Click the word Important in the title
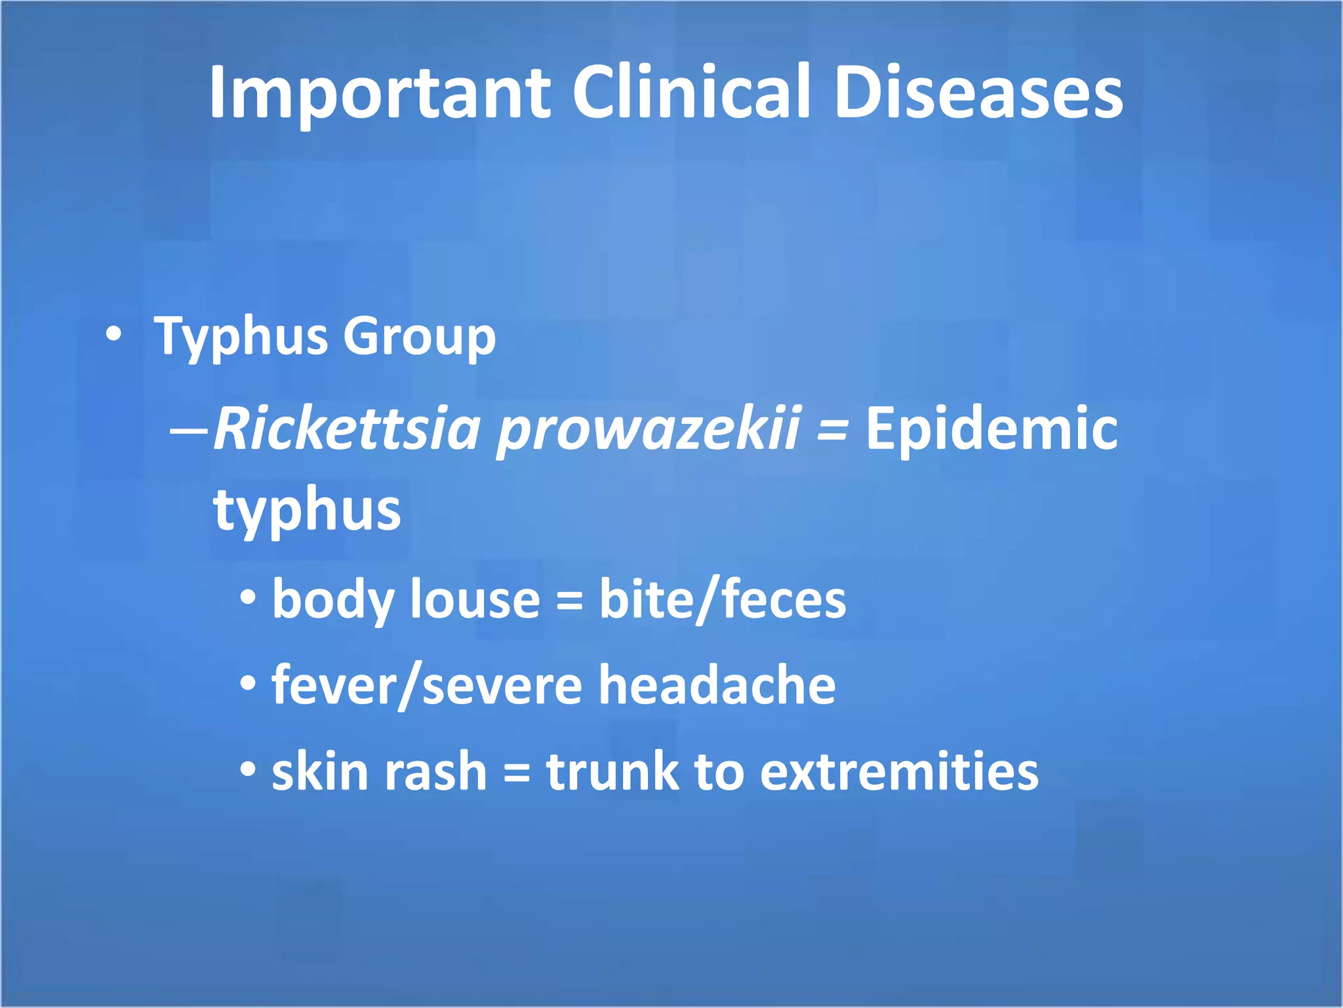pos(379,93)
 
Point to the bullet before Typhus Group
pos(114,335)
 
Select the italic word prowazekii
pos(648,430)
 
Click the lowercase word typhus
pos(307,511)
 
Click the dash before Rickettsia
pos(189,431)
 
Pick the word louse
pos(475,599)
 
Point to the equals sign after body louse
pos(569,601)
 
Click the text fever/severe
pos(427,685)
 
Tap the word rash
pos(435,771)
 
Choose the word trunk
pos(612,771)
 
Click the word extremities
pos(899,771)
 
